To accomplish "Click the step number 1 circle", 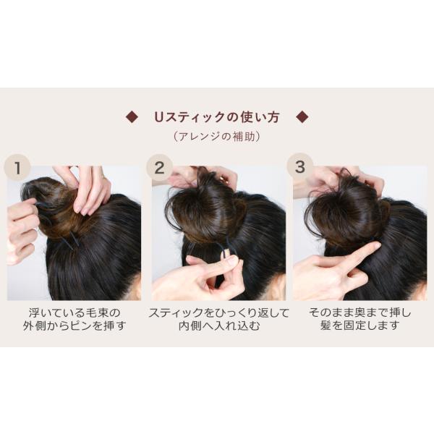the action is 17,168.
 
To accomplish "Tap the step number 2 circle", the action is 159,168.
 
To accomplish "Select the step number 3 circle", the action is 299,166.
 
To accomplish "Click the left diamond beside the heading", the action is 132,116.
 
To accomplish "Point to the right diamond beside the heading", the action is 302,116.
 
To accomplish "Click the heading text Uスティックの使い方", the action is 217,117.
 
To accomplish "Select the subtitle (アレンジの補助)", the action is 217,137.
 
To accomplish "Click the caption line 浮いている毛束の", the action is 75,312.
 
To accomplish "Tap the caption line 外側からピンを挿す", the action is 75,325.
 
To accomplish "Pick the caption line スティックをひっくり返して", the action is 218,312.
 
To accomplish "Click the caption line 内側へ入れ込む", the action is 218,325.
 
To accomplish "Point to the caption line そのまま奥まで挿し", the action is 359,312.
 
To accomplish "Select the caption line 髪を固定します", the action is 359,325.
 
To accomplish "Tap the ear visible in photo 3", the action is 420,291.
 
